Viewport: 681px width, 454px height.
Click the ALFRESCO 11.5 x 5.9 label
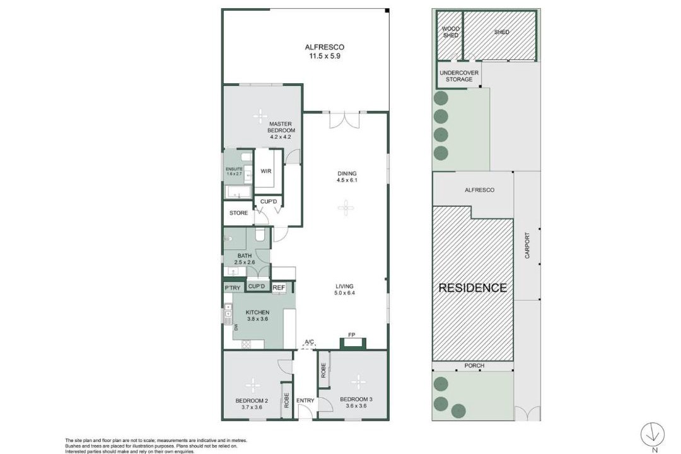pos(325,51)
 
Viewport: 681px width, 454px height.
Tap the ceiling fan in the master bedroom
pos(260,116)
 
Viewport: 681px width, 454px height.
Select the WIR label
pos(266,171)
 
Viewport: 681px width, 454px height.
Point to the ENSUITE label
pos(234,169)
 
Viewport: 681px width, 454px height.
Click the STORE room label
pos(238,213)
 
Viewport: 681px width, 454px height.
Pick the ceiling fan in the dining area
pos(346,207)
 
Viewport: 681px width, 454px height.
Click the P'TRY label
pos(232,288)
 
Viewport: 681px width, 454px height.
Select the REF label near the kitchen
pos(279,288)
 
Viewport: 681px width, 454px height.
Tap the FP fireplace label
pos(352,335)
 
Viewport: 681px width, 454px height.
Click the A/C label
pos(309,342)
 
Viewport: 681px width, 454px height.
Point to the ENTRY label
pos(305,400)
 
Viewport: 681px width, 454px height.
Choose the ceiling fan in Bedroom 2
pos(252,385)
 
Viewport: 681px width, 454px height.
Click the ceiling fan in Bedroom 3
pos(358,382)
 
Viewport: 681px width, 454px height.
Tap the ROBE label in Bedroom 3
pos(323,370)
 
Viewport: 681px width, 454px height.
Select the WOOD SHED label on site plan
pos(450,32)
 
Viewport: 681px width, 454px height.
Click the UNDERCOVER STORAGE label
pos(459,76)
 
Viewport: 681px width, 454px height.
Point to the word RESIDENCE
pos(472,288)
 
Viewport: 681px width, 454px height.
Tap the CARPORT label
pos(527,245)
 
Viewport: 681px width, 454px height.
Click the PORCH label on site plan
pos(474,366)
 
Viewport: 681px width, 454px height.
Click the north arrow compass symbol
pos(653,434)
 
